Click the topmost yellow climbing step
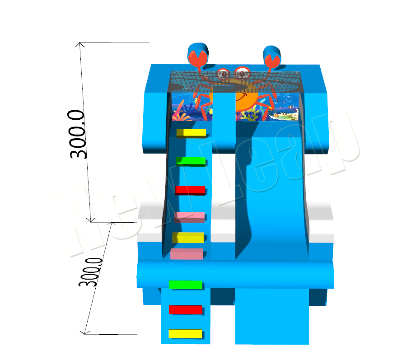(x=191, y=133)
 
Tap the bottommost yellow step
(x=185, y=334)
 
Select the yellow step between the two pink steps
(x=188, y=238)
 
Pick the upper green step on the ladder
(x=191, y=162)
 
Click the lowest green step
(x=186, y=285)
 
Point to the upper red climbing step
(x=190, y=190)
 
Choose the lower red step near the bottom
(x=186, y=310)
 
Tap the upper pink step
(x=189, y=217)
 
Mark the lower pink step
(x=187, y=254)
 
